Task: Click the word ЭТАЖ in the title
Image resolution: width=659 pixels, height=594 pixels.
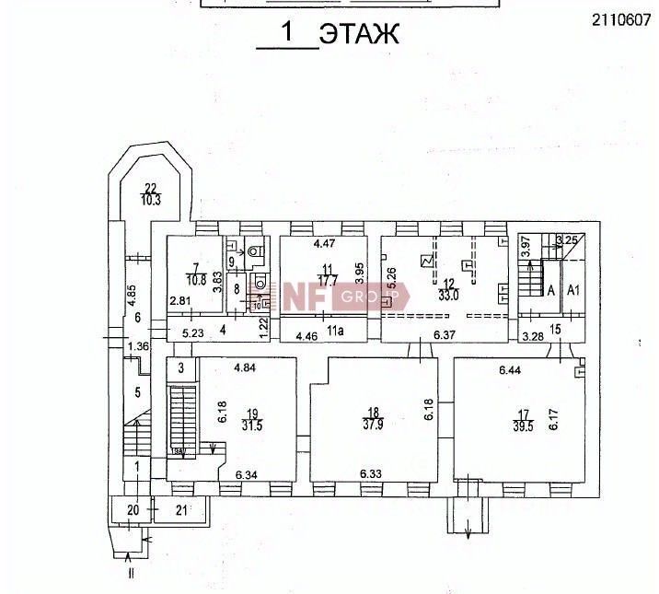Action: tap(359, 34)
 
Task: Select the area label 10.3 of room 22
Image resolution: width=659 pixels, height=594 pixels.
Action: tap(151, 200)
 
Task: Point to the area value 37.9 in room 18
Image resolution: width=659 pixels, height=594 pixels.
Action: tap(373, 425)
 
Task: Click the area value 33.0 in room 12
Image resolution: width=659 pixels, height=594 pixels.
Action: tap(449, 297)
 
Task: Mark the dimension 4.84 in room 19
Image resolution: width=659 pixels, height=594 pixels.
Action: tap(245, 368)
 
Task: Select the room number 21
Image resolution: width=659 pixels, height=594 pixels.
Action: tap(181, 509)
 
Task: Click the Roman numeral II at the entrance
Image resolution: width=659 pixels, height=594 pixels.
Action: tap(132, 573)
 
